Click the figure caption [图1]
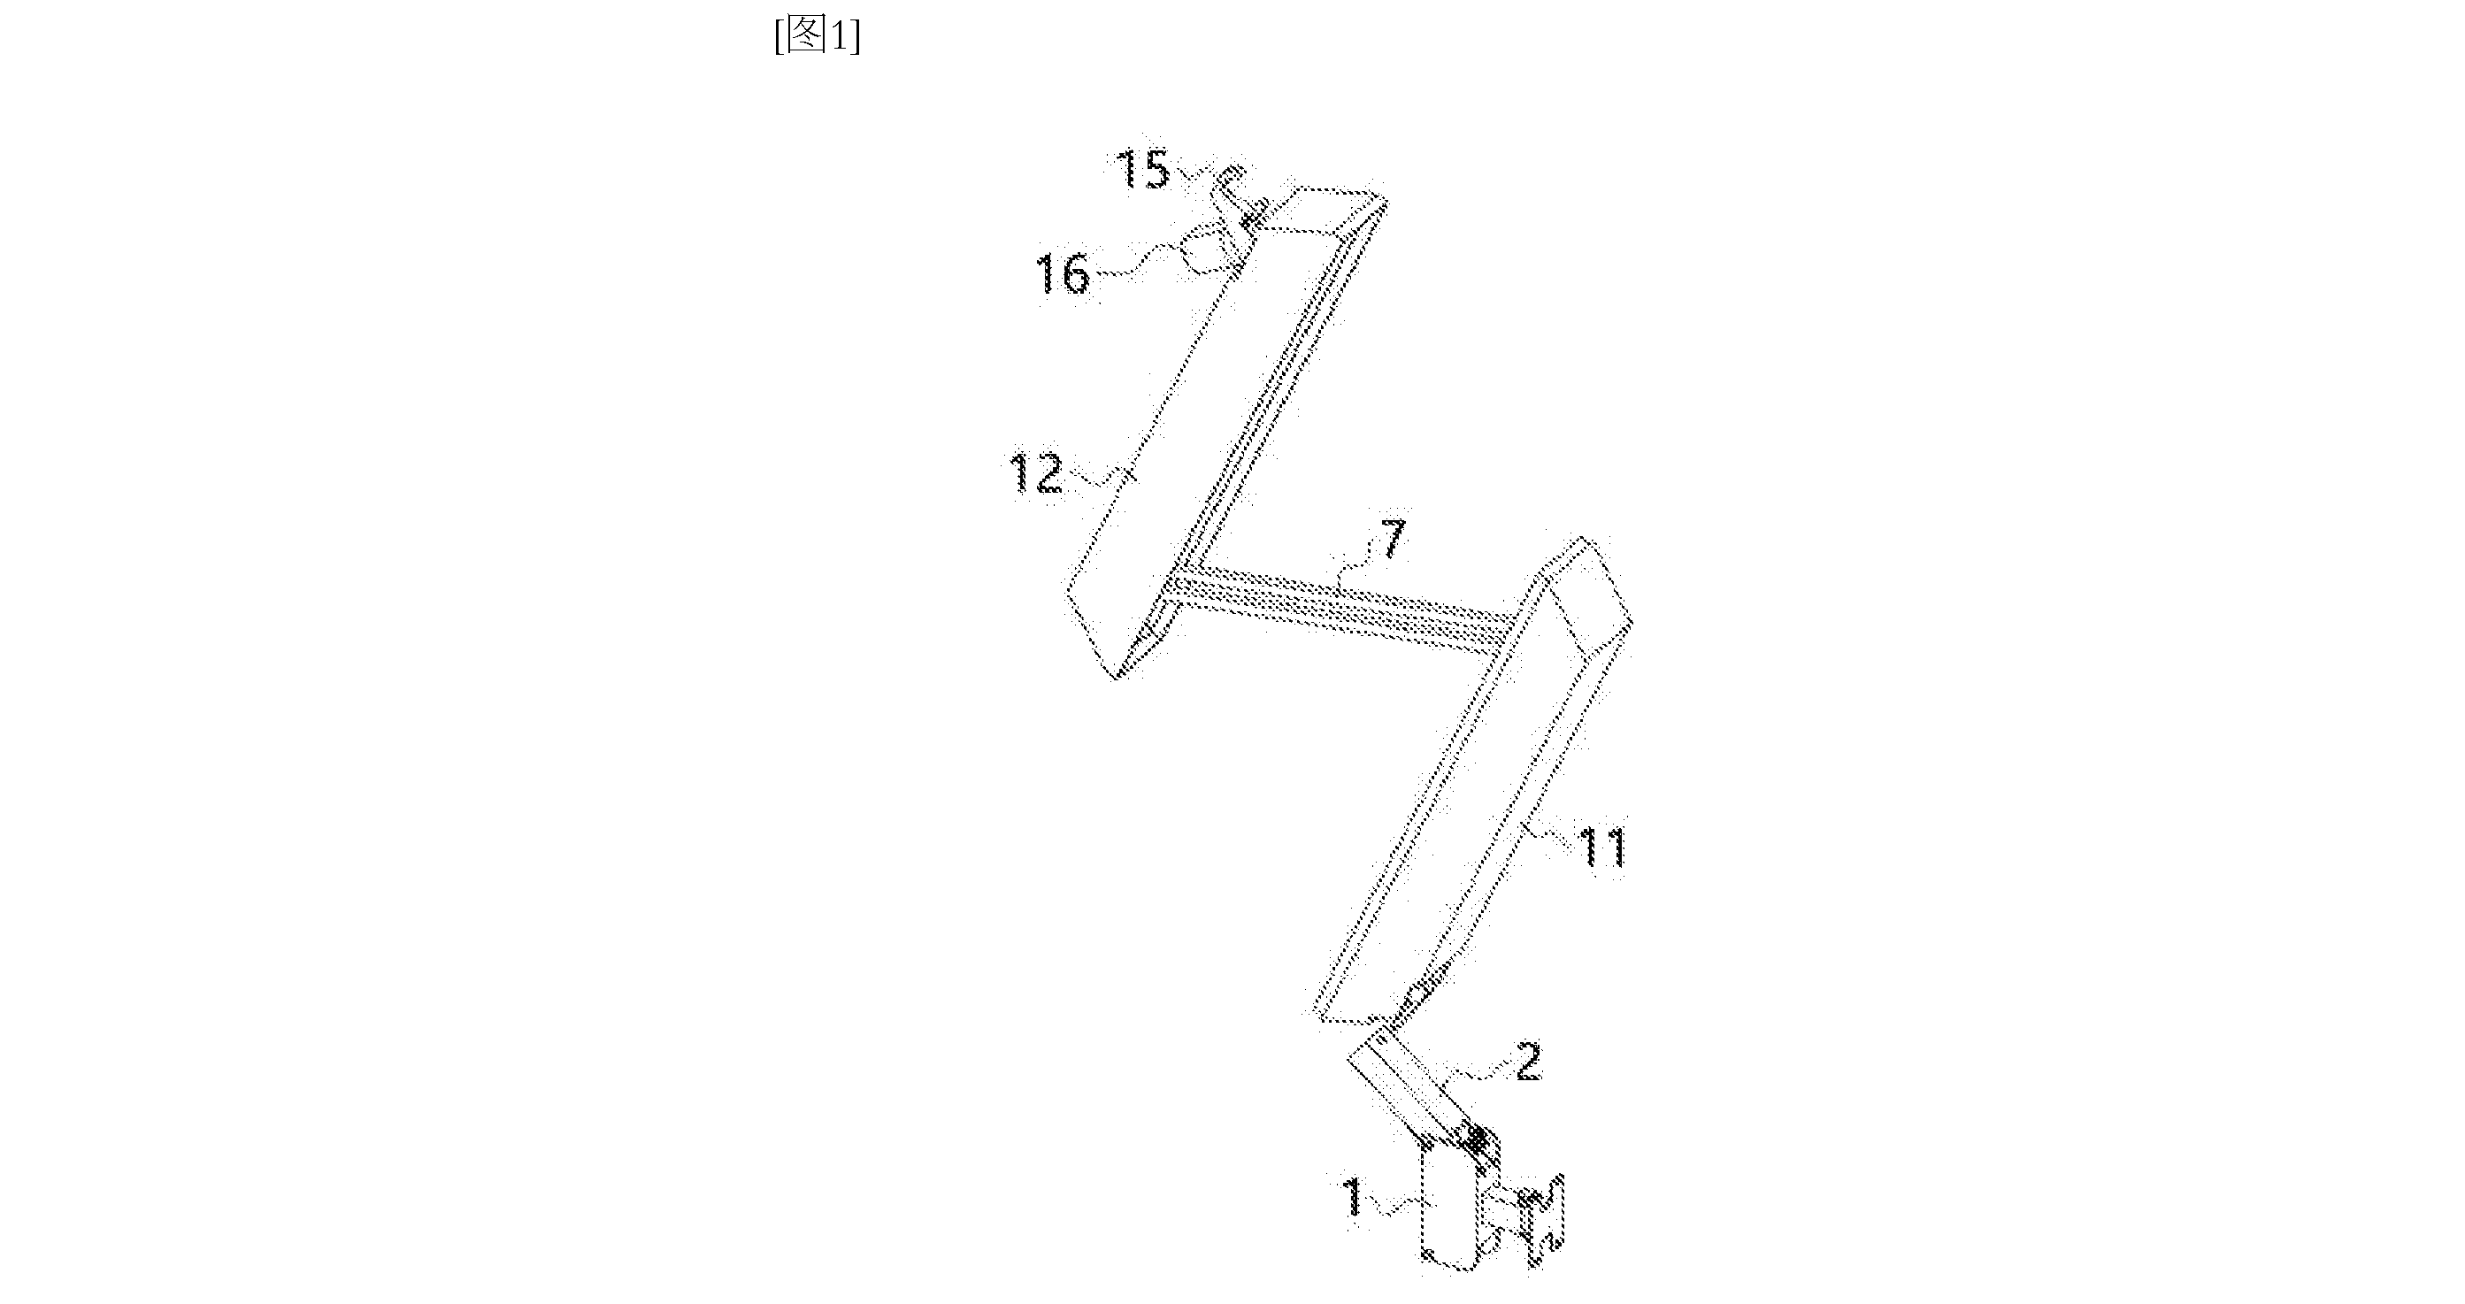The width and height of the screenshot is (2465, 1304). [x=818, y=36]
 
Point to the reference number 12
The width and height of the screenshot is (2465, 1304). [x=1037, y=473]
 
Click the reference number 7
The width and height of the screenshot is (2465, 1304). [x=1394, y=541]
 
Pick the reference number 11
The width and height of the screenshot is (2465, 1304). [x=1601, y=847]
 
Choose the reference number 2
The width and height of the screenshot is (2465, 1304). [x=1529, y=1062]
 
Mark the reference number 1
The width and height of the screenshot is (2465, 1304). [x=1354, y=1198]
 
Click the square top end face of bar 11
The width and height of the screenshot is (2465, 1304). [x=1584, y=593]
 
